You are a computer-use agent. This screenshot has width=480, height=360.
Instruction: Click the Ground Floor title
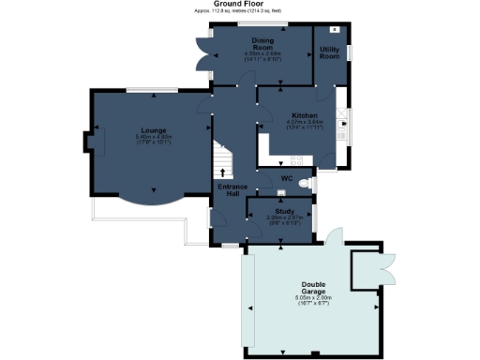[x=239, y=4]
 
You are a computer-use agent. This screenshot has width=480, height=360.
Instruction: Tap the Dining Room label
[x=262, y=44]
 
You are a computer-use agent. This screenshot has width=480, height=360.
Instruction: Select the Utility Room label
[x=329, y=52]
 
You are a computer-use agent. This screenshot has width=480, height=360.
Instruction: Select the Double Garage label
[x=313, y=287]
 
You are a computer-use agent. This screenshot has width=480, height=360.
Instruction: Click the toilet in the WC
[x=309, y=184]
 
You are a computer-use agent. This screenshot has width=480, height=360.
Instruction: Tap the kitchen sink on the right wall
[x=344, y=126]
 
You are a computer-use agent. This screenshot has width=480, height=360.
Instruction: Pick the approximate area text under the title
[x=239, y=11]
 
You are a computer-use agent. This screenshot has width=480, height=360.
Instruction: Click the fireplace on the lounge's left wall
[x=88, y=142]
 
